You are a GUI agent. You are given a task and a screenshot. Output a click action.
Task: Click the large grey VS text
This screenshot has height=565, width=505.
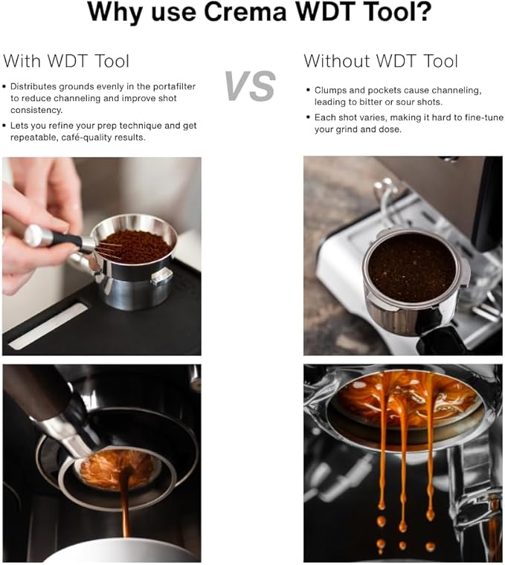click(x=251, y=86)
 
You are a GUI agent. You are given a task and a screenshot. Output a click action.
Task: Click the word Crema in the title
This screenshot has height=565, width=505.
click(x=224, y=13)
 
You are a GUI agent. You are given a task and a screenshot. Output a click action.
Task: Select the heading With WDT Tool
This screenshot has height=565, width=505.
click(x=66, y=61)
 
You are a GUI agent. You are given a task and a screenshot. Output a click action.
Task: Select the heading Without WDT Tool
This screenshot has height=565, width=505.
click(x=381, y=61)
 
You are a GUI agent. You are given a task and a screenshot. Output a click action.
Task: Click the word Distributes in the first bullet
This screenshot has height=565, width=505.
click(x=36, y=87)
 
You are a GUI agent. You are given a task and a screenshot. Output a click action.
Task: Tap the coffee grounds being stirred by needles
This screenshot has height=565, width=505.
click(x=138, y=246)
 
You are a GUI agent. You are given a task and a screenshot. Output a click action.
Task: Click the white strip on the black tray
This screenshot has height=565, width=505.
click(x=49, y=326)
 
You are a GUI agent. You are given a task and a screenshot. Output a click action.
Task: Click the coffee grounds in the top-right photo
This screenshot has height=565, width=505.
click(x=411, y=267)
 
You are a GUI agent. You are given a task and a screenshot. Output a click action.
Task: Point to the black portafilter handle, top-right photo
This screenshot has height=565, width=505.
click(x=439, y=341)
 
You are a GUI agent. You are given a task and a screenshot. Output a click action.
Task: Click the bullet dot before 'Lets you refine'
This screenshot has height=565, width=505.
click(x=6, y=126)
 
